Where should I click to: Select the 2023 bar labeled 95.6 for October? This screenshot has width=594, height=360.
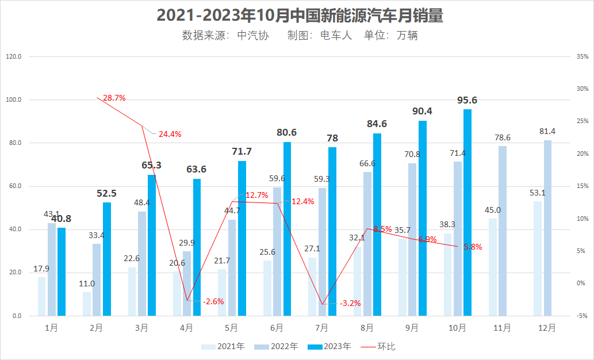(467, 213)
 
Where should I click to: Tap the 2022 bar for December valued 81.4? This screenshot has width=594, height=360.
(547, 228)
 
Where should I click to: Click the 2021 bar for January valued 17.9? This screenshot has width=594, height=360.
(41, 296)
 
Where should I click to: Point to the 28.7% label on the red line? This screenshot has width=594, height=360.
(114, 98)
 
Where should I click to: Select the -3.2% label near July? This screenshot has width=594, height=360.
(350, 303)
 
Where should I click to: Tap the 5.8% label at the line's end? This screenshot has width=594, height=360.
(473, 247)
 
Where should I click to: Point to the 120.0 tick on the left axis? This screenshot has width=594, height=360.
(13, 57)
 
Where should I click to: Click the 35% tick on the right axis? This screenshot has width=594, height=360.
(582, 57)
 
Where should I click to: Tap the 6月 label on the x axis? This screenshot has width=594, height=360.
(277, 328)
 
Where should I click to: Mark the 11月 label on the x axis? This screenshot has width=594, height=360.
(502, 328)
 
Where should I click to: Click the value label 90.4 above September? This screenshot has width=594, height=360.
(423, 112)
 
